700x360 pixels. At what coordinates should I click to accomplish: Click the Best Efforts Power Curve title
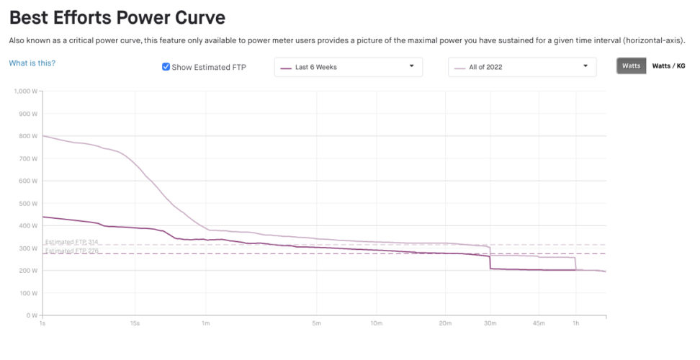tap(117, 17)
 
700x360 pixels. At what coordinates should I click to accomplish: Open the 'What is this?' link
tap(32, 63)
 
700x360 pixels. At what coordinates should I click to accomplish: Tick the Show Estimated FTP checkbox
tap(166, 67)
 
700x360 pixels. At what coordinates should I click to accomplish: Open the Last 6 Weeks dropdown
tap(348, 67)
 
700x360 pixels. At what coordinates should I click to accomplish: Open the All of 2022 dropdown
tap(522, 67)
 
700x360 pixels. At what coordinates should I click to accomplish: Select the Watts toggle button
tap(631, 66)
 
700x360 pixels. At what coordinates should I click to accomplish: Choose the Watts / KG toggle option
tap(668, 66)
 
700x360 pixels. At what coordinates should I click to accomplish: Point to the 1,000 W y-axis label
tap(26, 91)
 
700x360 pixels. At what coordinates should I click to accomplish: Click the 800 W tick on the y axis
tap(29, 136)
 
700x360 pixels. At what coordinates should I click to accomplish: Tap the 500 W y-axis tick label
tap(29, 204)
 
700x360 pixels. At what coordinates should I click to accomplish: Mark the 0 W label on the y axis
tap(32, 315)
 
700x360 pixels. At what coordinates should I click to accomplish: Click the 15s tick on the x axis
tap(135, 324)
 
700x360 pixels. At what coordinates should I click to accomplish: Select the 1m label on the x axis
tap(206, 324)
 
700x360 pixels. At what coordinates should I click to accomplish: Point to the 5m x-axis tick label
tap(316, 324)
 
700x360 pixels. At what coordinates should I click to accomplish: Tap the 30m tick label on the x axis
tap(490, 324)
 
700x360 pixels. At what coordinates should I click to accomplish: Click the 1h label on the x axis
tap(575, 324)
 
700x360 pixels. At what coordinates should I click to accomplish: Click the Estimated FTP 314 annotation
tap(72, 242)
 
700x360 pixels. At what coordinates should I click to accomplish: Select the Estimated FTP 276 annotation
tap(72, 251)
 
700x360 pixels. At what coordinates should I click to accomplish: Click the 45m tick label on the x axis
tap(539, 324)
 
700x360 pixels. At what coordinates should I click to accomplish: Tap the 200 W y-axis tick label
tap(29, 271)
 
